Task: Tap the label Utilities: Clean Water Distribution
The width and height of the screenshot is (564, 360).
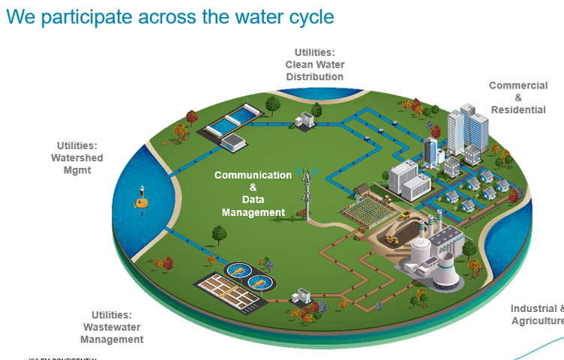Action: [314, 64]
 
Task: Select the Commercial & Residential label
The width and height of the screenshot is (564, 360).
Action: [517, 97]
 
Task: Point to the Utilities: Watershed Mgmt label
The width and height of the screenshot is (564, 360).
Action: [77, 157]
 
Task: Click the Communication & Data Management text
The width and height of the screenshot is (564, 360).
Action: [253, 193]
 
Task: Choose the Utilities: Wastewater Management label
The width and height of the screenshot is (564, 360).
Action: [112, 327]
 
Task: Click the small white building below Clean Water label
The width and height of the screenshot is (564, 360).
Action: [305, 120]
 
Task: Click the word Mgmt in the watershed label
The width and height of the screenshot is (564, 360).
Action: [77, 170]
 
